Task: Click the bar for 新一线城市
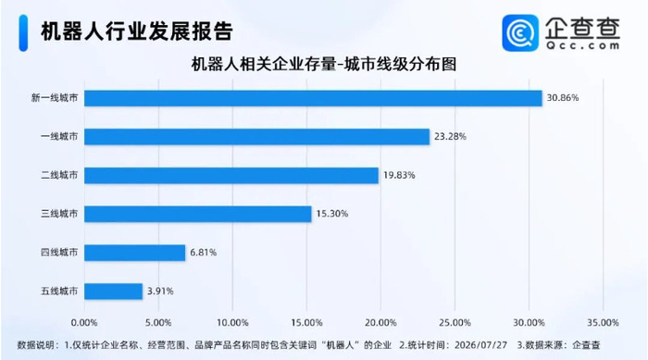(313, 98)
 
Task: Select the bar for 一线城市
(256, 137)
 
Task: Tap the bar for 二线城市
(231, 175)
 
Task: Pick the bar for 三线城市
(197, 214)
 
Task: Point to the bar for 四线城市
(135, 253)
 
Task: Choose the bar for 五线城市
(113, 292)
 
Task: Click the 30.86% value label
(563, 98)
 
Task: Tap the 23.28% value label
(450, 136)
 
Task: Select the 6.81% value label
(204, 252)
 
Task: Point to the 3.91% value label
(160, 291)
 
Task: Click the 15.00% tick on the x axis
(306, 323)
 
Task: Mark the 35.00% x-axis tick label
(603, 323)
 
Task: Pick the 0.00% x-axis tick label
(84, 323)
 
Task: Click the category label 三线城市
(59, 214)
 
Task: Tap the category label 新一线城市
(55, 98)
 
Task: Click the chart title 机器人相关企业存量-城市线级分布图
(324, 65)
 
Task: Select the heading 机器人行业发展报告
(137, 31)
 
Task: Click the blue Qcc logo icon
(520, 33)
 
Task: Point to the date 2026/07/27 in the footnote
(480, 344)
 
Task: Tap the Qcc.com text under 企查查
(582, 45)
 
